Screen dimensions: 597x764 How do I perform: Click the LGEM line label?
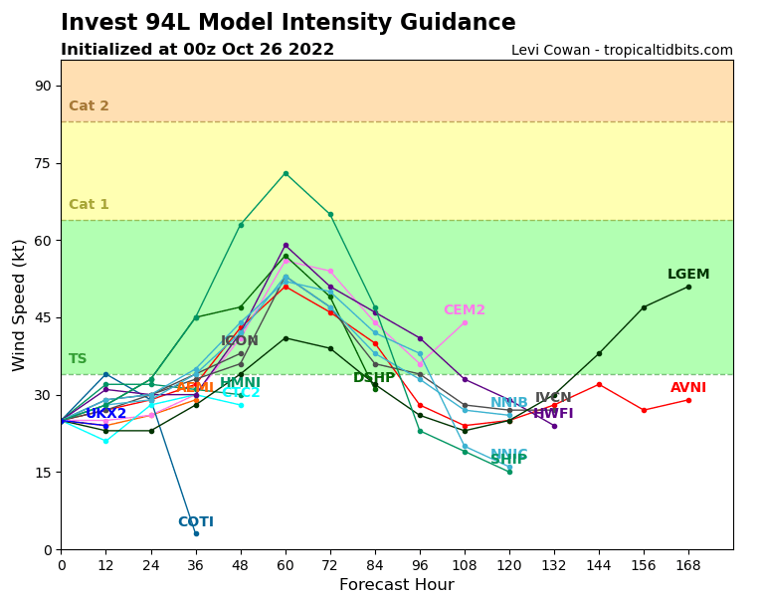[x=688, y=275]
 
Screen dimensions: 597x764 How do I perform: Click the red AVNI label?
[x=688, y=388]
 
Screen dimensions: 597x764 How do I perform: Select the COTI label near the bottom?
[x=196, y=522]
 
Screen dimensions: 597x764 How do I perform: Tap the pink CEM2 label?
[x=465, y=310]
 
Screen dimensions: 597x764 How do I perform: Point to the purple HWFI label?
[x=553, y=414]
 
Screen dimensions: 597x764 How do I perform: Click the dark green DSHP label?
[x=374, y=378]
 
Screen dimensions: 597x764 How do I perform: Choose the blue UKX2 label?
[x=106, y=414]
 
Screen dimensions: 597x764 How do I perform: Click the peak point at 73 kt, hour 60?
[x=286, y=173]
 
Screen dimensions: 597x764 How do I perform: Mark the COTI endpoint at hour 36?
[x=196, y=533]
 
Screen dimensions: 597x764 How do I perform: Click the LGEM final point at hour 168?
[x=688, y=287]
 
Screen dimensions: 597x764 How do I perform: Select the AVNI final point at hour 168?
[x=688, y=400]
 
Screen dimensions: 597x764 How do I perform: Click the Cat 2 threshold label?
[x=89, y=106]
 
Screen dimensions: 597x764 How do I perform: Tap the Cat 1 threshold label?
[x=89, y=205]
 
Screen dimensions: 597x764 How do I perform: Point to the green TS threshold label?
[x=78, y=359]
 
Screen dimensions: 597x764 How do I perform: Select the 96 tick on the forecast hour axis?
[x=420, y=565]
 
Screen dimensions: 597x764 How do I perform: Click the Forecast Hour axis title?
[x=396, y=585]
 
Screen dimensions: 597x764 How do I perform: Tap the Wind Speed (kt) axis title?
[x=20, y=304]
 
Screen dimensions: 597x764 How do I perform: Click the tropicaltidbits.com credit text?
[x=622, y=51]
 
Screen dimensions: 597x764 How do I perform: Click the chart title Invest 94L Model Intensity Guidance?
[x=288, y=23]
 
